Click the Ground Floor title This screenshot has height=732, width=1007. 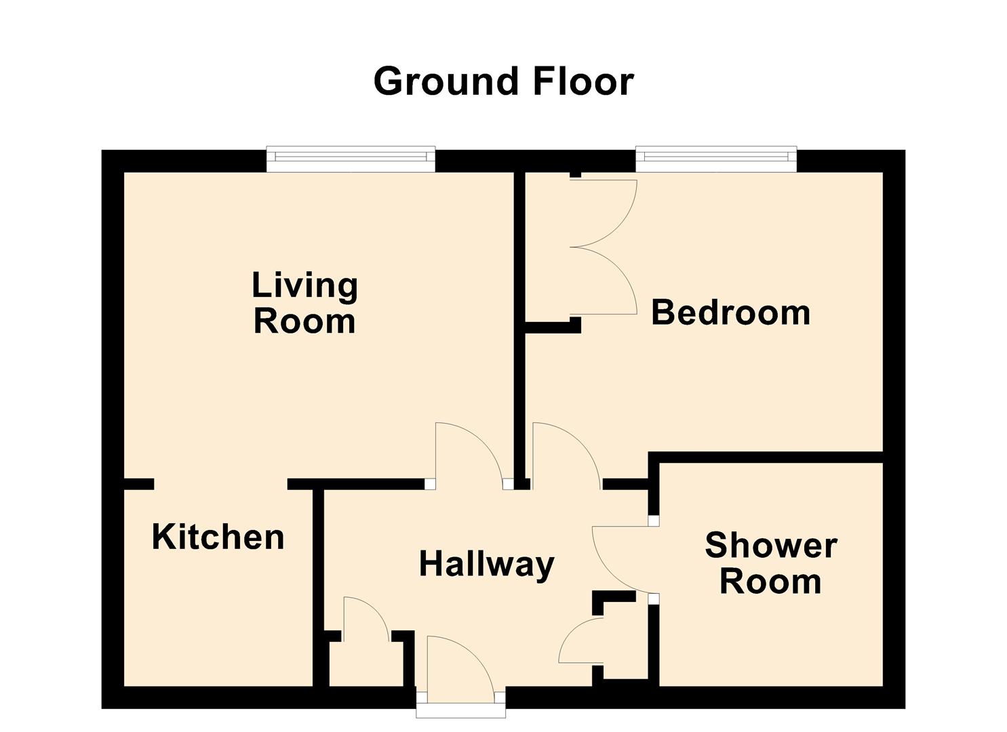(503, 81)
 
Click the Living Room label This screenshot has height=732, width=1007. (304, 303)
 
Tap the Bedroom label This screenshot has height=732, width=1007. (730, 312)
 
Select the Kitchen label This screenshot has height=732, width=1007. (218, 537)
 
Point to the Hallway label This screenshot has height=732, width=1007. (486, 564)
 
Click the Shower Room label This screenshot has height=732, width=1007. (770, 563)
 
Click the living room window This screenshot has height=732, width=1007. (351, 159)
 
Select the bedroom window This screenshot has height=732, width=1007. (715, 159)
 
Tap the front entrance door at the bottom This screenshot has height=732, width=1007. (461, 668)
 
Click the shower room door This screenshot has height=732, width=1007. (620, 559)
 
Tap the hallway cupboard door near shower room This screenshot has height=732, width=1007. (580, 640)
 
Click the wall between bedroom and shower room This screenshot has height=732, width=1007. (766, 457)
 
